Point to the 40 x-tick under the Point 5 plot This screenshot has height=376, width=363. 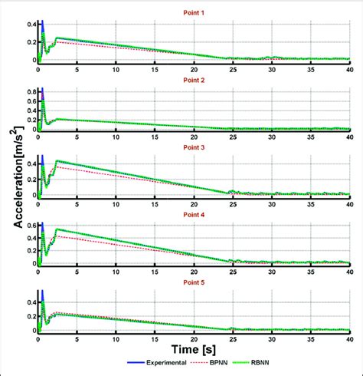(348, 338)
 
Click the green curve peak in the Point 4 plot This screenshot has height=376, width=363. (57, 229)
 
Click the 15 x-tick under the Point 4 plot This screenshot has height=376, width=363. (154, 272)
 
